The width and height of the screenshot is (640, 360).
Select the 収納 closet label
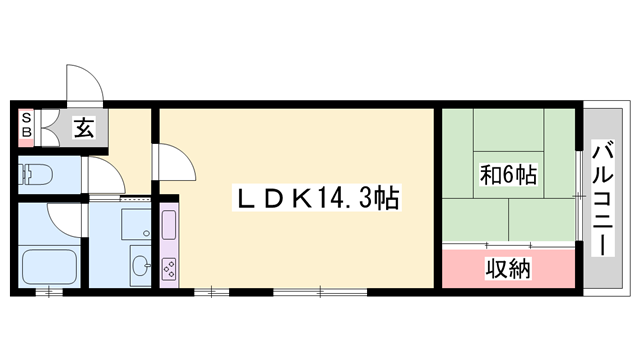(508, 268)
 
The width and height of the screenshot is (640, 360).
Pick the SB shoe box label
(26, 128)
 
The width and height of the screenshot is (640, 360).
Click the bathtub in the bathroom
(50, 267)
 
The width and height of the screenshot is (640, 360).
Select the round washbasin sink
(139, 266)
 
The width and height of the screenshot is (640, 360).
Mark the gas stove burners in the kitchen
(168, 267)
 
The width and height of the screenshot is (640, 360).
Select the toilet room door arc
(105, 176)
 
